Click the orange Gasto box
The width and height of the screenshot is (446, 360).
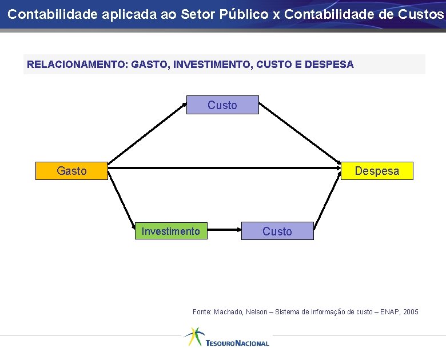71,171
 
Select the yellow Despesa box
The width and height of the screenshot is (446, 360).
377,171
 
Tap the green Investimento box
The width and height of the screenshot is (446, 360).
171,231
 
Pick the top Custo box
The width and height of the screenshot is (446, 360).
222,105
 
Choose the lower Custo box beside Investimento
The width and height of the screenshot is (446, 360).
277,231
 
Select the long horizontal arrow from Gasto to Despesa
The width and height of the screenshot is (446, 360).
224,169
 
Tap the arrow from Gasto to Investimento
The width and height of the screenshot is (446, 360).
121,201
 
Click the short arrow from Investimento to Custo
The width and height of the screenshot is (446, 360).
224,230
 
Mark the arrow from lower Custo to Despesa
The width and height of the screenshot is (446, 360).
326,201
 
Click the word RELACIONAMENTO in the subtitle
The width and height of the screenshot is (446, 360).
77,65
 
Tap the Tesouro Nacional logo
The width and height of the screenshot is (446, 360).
226,338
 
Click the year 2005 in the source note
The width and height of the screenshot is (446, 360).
411,312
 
